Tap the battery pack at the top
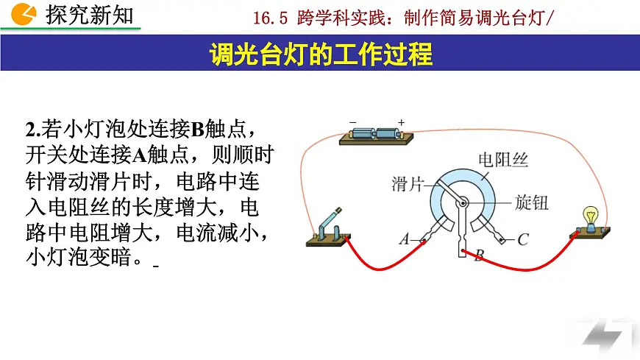[x=375, y=134]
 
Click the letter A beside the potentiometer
[x=404, y=239]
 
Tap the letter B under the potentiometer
[x=479, y=256]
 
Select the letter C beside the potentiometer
[x=522, y=239]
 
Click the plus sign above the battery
[x=401, y=121]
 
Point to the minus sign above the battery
[x=352, y=121]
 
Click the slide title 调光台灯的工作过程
[x=320, y=54]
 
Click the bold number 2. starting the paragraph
[x=33, y=130]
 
